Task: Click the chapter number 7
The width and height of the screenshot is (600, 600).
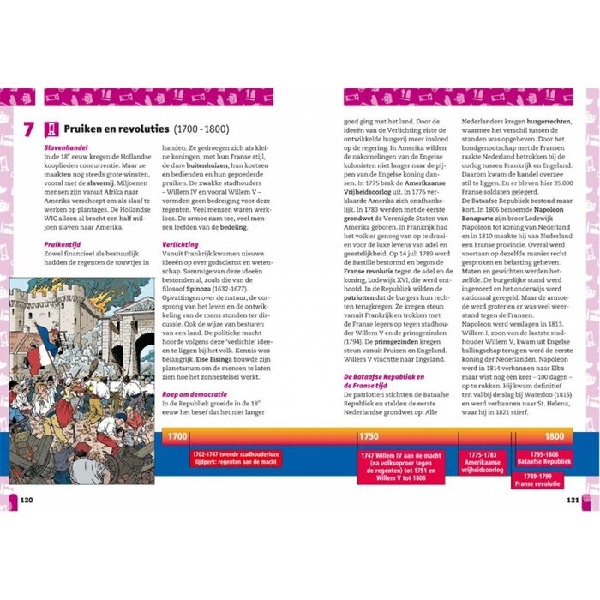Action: pyautogui.click(x=28, y=129)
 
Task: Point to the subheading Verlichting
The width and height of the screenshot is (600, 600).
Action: pyautogui.click(x=180, y=244)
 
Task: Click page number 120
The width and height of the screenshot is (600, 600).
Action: pyautogui.click(x=27, y=500)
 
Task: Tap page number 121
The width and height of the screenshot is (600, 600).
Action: pyautogui.click(x=573, y=500)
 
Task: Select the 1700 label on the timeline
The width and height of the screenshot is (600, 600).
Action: pyautogui.click(x=177, y=436)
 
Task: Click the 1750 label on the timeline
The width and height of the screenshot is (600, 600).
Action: pyautogui.click(x=369, y=436)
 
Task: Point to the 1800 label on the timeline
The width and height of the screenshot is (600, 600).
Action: pyautogui.click(x=553, y=436)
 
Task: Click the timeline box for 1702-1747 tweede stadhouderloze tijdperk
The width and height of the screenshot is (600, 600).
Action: pyautogui.click(x=235, y=459)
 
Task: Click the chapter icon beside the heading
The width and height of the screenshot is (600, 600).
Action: pyautogui.click(x=51, y=129)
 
